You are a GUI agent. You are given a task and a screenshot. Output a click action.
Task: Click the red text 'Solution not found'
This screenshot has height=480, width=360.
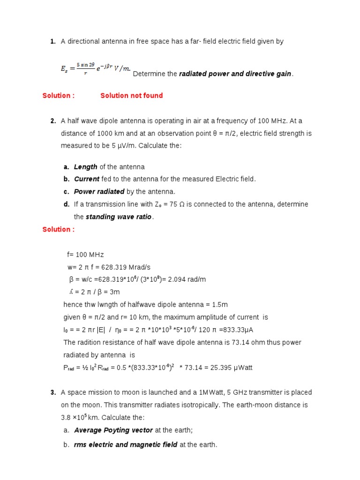coord(131,96)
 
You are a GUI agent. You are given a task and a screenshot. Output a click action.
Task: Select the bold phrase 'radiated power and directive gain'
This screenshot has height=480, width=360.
coord(235,74)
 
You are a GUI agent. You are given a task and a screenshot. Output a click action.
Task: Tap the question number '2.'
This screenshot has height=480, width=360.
coord(53,121)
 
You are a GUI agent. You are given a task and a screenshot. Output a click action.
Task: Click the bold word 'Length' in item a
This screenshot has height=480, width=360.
coord(85,167)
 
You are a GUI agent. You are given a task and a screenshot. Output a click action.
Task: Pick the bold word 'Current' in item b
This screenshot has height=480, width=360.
coord(86,179)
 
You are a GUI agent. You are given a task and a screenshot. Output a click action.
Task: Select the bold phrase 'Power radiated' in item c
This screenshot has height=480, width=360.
coord(99,192)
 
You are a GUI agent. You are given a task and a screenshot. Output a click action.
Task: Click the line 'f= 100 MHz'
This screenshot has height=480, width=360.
coord(85,255)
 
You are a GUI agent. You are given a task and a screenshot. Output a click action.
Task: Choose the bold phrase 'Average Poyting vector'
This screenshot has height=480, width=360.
coord(113,430)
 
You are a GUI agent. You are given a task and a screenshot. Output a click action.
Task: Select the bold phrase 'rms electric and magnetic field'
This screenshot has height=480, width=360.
coord(125,445)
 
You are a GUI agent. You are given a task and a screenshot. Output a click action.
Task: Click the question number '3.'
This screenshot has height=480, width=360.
coord(53,392)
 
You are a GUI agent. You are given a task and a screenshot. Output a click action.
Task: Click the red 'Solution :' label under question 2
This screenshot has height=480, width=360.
coord(58,229)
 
